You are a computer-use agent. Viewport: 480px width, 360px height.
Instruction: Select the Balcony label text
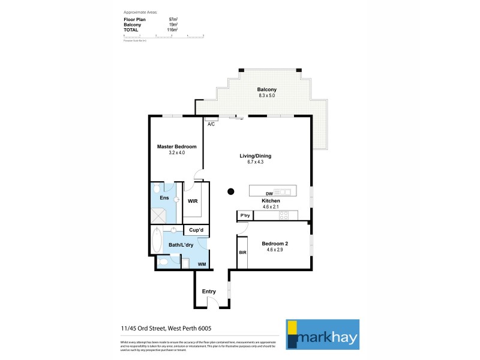(258, 90)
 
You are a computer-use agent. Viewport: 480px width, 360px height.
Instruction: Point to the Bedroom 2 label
(276, 243)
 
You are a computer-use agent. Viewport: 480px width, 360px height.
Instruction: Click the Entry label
(209, 292)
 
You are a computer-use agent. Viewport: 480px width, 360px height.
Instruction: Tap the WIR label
(193, 202)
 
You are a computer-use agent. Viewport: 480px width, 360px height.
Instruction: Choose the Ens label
(164, 197)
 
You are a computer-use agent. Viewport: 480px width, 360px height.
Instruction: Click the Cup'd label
(196, 230)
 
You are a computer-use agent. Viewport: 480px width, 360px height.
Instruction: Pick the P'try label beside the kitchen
(245, 215)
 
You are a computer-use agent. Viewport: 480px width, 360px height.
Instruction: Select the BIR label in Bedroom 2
(242, 253)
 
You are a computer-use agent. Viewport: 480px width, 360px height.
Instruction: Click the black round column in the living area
(231, 192)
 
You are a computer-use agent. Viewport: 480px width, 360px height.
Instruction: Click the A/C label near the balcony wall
(211, 124)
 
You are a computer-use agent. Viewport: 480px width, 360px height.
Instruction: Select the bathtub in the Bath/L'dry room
(157, 241)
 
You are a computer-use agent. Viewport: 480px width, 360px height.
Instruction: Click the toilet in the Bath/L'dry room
(163, 261)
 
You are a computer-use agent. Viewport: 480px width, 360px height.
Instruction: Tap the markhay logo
(322, 334)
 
